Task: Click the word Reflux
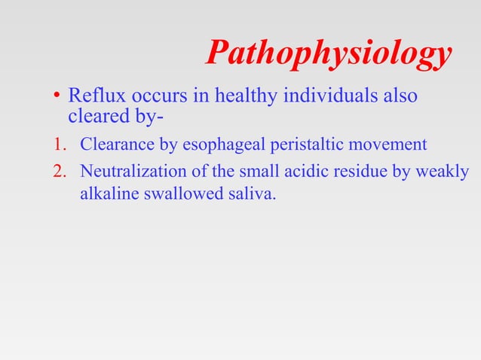point(93,97)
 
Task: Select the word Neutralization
point(130,172)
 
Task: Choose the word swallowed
point(177,194)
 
